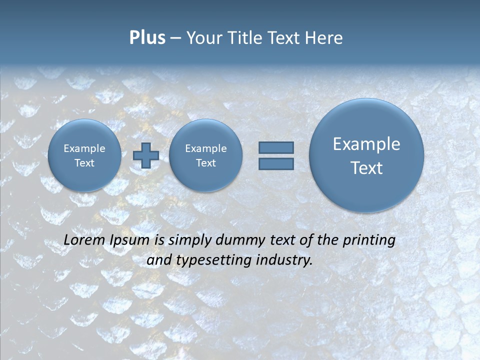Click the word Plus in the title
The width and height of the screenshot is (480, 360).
point(147,38)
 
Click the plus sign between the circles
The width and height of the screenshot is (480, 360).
point(145,155)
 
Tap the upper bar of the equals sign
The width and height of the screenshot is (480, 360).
point(275,148)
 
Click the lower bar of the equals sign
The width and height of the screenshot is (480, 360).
point(275,164)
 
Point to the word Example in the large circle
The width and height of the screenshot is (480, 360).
point(366,144)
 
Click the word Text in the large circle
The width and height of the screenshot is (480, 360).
point(366,168)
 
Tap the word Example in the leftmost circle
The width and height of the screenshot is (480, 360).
point(84,148)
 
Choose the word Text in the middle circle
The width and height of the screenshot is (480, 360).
point(205,163)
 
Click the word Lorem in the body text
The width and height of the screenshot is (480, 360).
point(84,240)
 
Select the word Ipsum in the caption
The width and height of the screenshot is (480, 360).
point(129,240)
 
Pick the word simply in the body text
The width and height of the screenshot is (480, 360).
point(190,240)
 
